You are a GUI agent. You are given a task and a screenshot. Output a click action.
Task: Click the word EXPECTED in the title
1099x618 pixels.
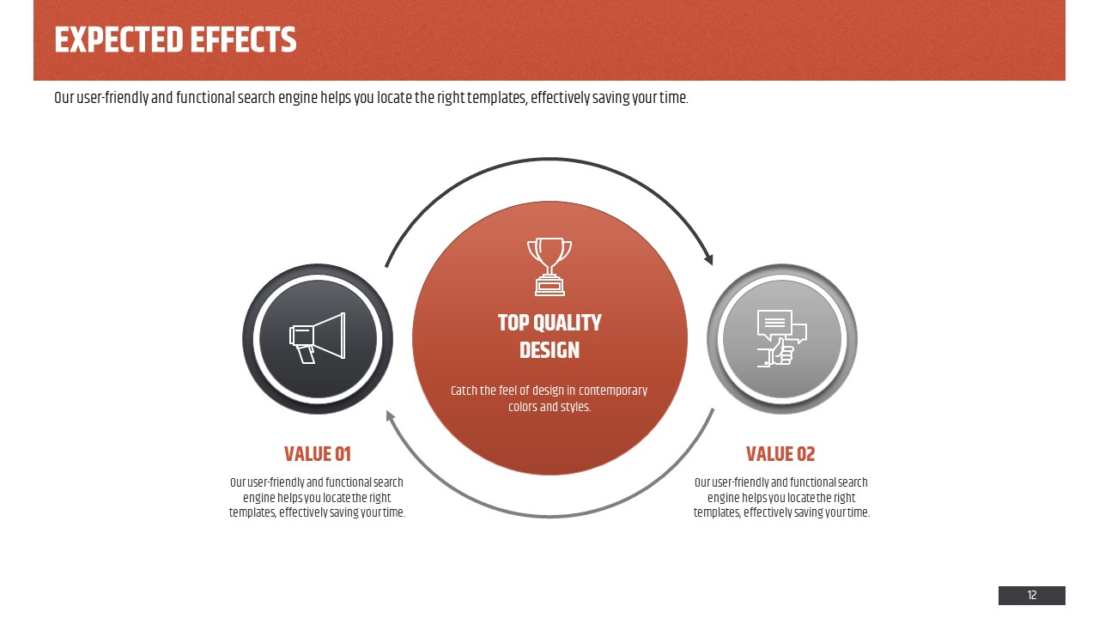[118, 39]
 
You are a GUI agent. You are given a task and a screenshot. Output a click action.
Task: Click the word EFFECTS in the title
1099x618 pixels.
[243, 39]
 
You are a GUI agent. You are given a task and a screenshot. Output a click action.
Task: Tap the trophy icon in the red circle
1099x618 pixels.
[549, 267]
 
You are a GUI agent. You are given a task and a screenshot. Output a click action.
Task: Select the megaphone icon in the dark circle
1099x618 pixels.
[318, 338]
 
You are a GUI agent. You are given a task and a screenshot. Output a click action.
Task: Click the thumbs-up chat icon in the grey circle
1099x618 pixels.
[782, 338]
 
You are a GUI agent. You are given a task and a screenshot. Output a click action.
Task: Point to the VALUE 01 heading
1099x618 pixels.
[318, 454]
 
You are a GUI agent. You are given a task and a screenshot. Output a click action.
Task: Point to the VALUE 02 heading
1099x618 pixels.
[780, 454]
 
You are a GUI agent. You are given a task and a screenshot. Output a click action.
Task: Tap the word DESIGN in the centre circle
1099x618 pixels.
[549, 350]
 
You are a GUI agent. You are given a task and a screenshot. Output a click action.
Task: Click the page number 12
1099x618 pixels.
[1032, 596]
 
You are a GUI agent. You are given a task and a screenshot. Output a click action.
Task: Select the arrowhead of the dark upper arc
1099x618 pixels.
[709, 258]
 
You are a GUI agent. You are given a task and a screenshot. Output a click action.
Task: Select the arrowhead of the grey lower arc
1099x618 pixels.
[390, 416]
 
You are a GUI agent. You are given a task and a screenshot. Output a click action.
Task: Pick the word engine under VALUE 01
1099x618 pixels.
[258, 498]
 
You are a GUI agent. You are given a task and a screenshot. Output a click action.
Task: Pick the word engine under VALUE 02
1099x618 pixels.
[723, 498]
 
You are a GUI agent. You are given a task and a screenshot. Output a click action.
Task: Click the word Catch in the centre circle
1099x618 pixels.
[463, 391]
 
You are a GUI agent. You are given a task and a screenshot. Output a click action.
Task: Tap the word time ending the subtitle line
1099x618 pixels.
[674, 98]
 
